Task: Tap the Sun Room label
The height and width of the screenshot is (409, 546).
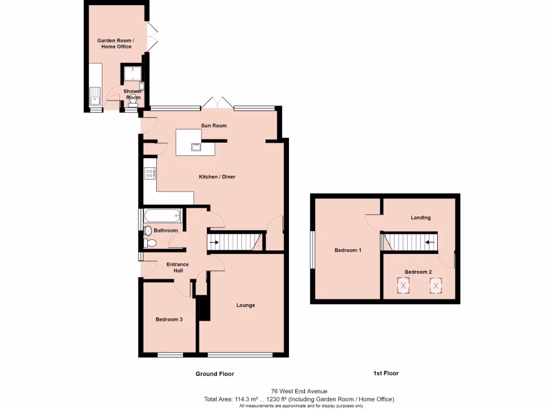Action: (214, 126)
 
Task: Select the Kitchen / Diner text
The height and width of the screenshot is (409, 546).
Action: (217, 177)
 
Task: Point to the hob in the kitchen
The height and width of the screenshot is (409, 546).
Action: (149, 173)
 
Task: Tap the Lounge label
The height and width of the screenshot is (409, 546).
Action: (246, 305)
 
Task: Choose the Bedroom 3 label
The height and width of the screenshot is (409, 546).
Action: (169, 320)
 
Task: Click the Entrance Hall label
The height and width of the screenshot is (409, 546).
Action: (178, 267)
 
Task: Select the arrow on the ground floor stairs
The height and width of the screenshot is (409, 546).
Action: (214, 243)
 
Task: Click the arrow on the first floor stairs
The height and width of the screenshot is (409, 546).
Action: (429, 243)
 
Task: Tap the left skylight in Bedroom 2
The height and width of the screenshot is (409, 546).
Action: (404, 286)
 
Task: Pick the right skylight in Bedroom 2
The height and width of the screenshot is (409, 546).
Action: (436, 286)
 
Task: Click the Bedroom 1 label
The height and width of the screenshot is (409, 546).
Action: (348, 250)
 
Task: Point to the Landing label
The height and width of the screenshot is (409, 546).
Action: (421, 217)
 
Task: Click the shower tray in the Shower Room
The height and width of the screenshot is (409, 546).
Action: (131, 74)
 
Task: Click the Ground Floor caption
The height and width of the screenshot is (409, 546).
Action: (214, 374)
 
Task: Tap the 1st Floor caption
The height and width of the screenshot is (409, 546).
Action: (386, 373)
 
